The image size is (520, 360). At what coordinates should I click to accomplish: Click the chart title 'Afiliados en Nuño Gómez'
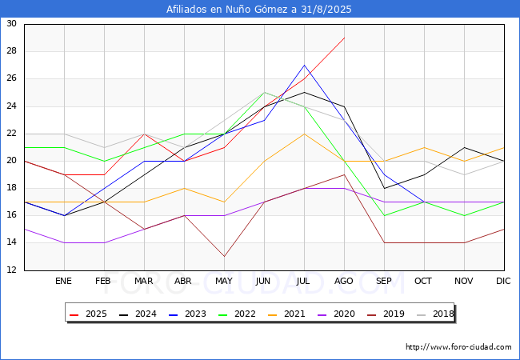click(x=259, y=10)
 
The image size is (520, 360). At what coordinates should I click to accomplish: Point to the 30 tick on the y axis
click(x=12, y=24)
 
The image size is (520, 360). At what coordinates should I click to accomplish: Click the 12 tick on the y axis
click(x=12, y=270)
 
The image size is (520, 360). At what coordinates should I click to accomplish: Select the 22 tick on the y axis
click(x=12, y=133)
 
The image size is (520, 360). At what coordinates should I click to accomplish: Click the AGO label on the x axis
click(x=344, y=282)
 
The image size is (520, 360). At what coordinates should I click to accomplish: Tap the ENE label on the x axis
click(x=64, y=282)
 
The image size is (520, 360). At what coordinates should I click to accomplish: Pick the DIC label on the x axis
click(x=503, y=282)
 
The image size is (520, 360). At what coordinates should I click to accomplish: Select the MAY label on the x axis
click(x=224, y=282)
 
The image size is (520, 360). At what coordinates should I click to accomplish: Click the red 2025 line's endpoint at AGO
click(x=344, y=38)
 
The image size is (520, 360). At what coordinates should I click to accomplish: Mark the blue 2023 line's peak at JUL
click(x=304, y=65)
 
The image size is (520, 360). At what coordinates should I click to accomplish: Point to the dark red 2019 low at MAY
click(x=224, y=256)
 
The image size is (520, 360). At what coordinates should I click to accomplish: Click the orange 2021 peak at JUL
click(x=304, y=134)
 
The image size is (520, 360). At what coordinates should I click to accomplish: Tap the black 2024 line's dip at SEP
click(x=384, y=188)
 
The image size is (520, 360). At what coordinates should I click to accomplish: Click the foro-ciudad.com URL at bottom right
click(x=458, y=347)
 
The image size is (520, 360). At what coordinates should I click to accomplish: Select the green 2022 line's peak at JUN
click(x=264, y=92)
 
